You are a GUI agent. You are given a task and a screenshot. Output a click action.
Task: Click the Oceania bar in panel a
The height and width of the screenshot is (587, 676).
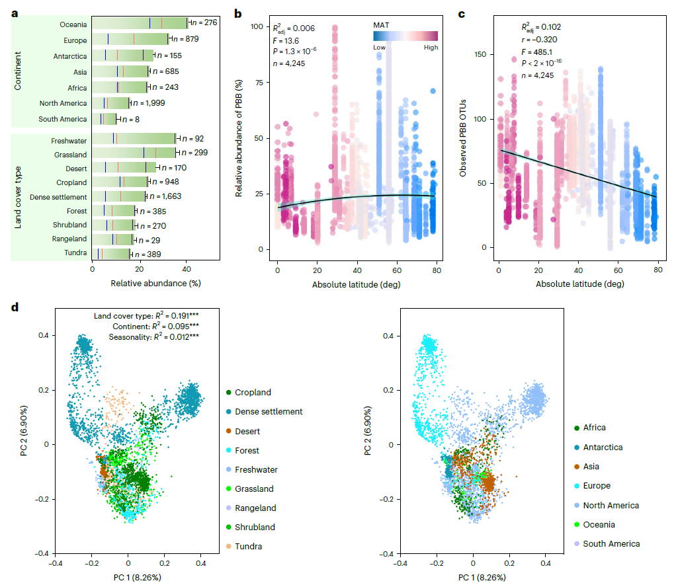(139, 23)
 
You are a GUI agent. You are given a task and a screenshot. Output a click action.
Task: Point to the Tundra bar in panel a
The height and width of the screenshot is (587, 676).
(110, 254)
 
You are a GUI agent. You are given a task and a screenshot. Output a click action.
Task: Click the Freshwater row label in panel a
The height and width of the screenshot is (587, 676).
(69, 141)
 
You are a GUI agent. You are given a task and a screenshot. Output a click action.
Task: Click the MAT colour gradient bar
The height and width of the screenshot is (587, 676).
(405, 36)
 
